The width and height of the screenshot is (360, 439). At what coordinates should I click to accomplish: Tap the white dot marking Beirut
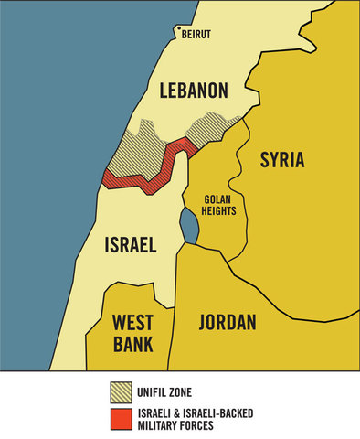[x=176, y=28]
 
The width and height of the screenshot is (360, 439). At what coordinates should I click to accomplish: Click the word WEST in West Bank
[x=132, y=322]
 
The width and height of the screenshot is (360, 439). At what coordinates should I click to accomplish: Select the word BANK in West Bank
[x=132, y=344]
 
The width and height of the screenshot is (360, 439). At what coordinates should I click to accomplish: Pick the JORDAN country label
[x=227, y=322]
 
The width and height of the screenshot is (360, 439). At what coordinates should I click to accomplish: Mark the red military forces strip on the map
[x=146, y=174]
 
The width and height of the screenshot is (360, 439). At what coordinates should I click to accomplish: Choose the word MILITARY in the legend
[x=164, y=423]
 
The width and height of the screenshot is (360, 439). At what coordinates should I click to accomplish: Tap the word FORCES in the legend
[x=210, y=423]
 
